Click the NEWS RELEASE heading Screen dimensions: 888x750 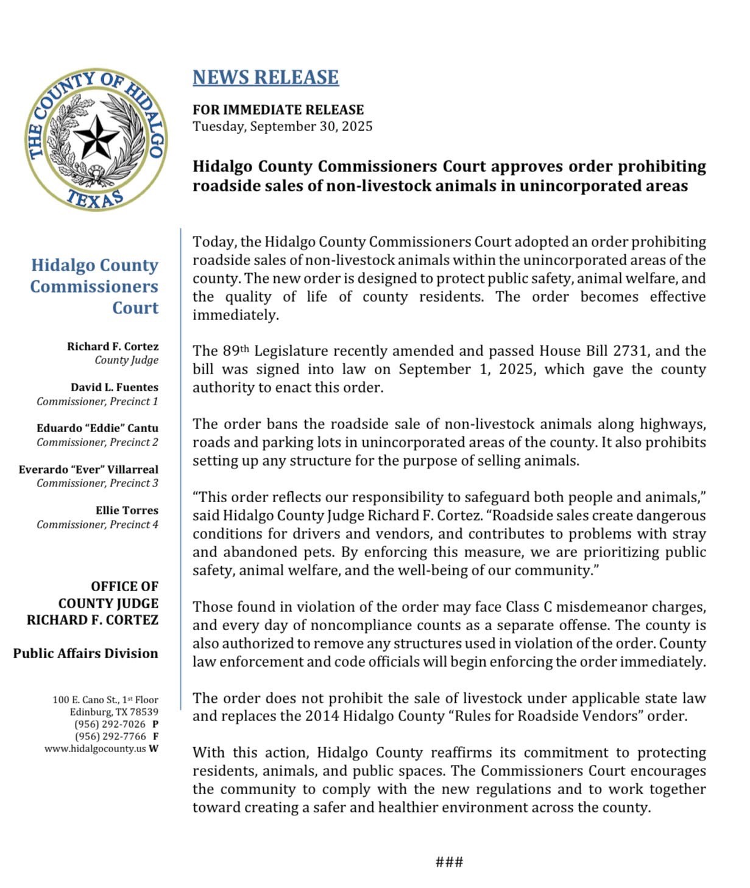click(x=266, y=77)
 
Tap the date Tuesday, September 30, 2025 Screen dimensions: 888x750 click(x=283, y=127)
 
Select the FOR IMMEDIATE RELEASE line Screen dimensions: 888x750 click(x=278, y=110)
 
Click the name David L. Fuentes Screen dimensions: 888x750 click(x=115, y=387)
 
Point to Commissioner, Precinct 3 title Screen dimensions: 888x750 click(x=97, y=483)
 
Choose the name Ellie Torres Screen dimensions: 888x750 click(x=127, y=510)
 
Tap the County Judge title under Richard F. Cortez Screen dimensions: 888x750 click(x=126, y=360)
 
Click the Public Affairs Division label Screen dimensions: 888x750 click(x=85, y=653)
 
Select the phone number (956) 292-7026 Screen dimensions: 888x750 click(x=110, y=724)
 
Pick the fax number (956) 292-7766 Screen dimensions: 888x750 click(x=110, y=736)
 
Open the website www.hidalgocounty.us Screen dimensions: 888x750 click(x=95, y=748)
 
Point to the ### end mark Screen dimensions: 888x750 click(x=450, y=862)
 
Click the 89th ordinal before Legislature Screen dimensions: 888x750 click(x=236, y=351)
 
